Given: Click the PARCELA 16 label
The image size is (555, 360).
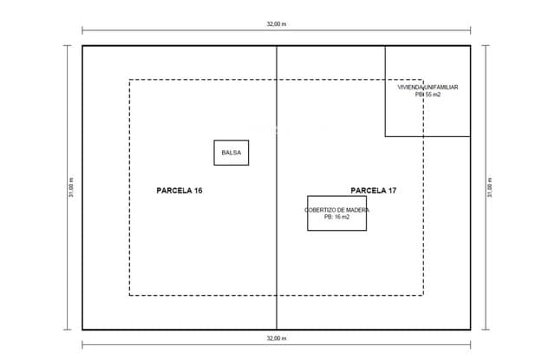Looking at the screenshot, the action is click(180, 191).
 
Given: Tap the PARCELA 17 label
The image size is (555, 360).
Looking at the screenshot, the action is click(374, 191).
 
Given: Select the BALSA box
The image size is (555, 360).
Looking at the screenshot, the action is click(232, 153).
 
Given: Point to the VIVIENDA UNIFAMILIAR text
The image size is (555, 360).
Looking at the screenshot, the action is click(428, 87).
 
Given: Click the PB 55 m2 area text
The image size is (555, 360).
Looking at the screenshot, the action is click(428, 95).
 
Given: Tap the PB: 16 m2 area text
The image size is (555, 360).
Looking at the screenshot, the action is click(336, 217).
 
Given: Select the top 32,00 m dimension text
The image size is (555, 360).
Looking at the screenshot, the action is click(277, 24).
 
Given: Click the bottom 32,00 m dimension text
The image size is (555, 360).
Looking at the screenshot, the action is click(277, 338).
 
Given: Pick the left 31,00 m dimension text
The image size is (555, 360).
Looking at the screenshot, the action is click(71, 187).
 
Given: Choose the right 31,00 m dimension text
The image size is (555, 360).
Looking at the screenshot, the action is click(489, 187).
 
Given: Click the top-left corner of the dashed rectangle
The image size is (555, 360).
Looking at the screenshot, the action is click(129, 80).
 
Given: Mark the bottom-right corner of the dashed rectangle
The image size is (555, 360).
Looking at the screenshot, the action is click(423, 295).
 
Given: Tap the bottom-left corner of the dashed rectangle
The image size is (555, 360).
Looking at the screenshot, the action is click(129, 295).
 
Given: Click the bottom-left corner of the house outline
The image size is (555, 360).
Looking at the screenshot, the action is click(385, 136).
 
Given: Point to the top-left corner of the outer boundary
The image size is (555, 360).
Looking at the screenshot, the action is click(82, 46).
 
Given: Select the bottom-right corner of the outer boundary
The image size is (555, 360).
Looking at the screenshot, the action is click(470, 330).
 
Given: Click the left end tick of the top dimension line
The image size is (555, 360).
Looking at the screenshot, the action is click(82, 30).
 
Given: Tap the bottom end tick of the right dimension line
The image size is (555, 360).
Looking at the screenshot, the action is click(486, 330).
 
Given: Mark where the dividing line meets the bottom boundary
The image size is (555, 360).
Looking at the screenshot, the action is click(277, 330).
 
